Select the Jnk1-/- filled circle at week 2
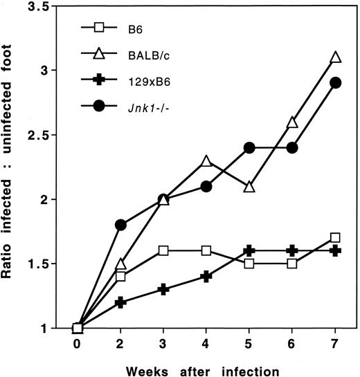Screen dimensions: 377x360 point(121,225)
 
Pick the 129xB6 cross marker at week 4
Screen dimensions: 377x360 point(207,276)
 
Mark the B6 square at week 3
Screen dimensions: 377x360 point(164,250)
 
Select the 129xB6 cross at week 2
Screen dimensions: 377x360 point(121,302)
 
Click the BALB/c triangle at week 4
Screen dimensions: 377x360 point(207,160)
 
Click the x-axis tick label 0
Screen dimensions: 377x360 point(78,344)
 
